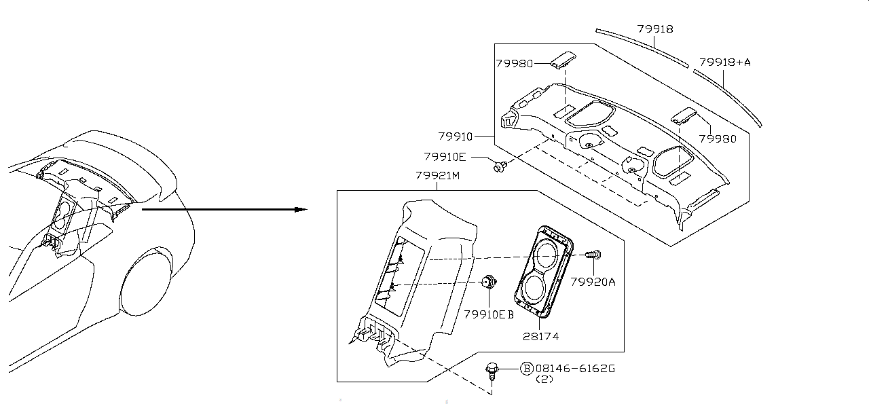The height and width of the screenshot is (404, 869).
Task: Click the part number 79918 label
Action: tap(655, 29)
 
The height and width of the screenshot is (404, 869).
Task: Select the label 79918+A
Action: tap(725, 62)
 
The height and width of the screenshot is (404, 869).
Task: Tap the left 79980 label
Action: tap(514, 63)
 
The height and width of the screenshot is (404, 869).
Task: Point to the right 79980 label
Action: tap(718, 139)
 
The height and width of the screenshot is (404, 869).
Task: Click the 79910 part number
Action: tap(455, 136)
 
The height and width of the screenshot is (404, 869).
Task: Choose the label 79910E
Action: tap(445, 157)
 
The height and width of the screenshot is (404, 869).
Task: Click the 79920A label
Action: tap(593, 282)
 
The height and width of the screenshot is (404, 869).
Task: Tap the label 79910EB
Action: tap(489, 314)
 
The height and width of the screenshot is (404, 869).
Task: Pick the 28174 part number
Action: tap(541, 335)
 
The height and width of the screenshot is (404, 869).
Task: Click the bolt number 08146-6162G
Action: tap(575, 369)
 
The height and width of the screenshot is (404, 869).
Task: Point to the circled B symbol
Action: tap(526, 369)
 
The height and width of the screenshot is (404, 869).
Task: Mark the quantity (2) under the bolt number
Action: tap(545, 380)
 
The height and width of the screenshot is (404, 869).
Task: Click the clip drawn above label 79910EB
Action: tap(487, 282)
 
